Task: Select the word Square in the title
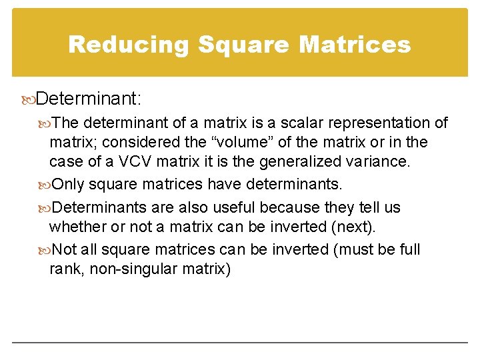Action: tap(243, 45)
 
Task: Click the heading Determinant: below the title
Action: tap(89, 99)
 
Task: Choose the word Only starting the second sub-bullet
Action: tap(68, 185)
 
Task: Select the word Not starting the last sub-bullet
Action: tap(64, 249)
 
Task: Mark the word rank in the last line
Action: tap(64, 269)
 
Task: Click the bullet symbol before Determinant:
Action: tap(28, 100)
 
